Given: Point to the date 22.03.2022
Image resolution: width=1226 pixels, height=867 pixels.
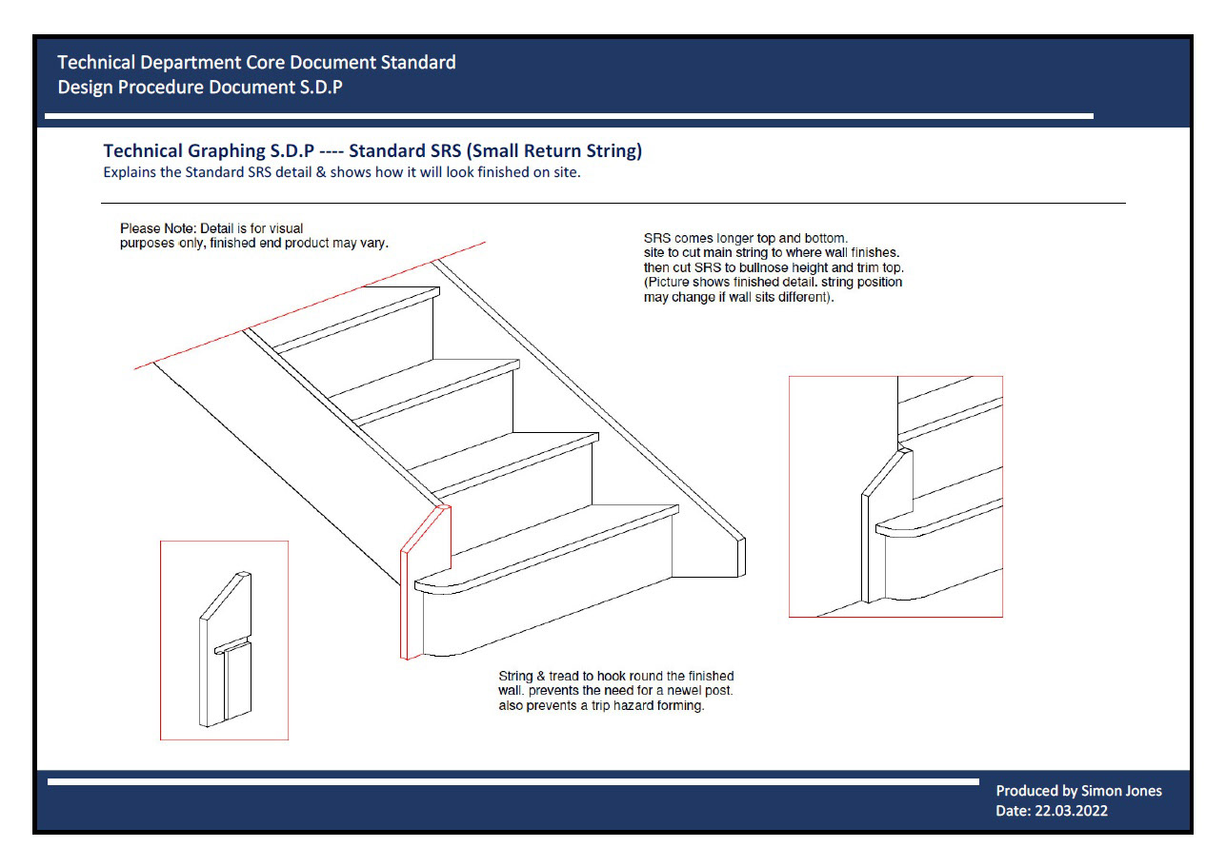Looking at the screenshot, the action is click(x=1071, y=812).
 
